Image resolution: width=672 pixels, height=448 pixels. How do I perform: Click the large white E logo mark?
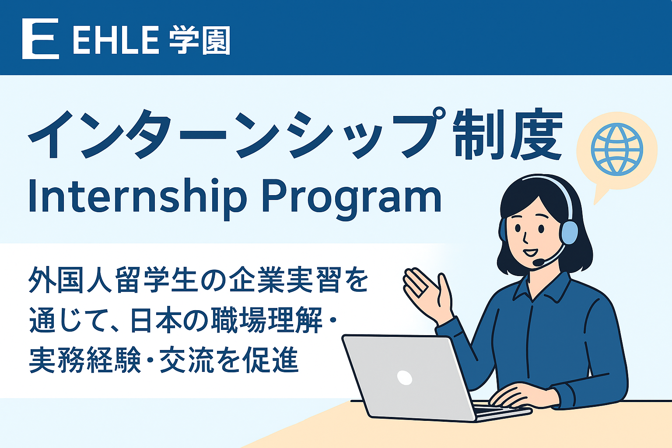tap(40, 39)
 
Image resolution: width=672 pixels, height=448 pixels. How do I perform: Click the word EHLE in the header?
tap(115, 40)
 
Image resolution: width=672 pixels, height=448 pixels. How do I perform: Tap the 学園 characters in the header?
tap(199, 40)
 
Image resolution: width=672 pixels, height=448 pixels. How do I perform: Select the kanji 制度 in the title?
tap(507, 134)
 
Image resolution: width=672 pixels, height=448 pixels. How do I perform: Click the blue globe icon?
tap(617, 150)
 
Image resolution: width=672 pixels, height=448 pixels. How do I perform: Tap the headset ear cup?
tap(569, 232)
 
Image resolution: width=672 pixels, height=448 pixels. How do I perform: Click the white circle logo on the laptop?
tap(405, 378)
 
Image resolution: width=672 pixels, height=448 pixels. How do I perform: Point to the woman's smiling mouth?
tap(531, 252)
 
